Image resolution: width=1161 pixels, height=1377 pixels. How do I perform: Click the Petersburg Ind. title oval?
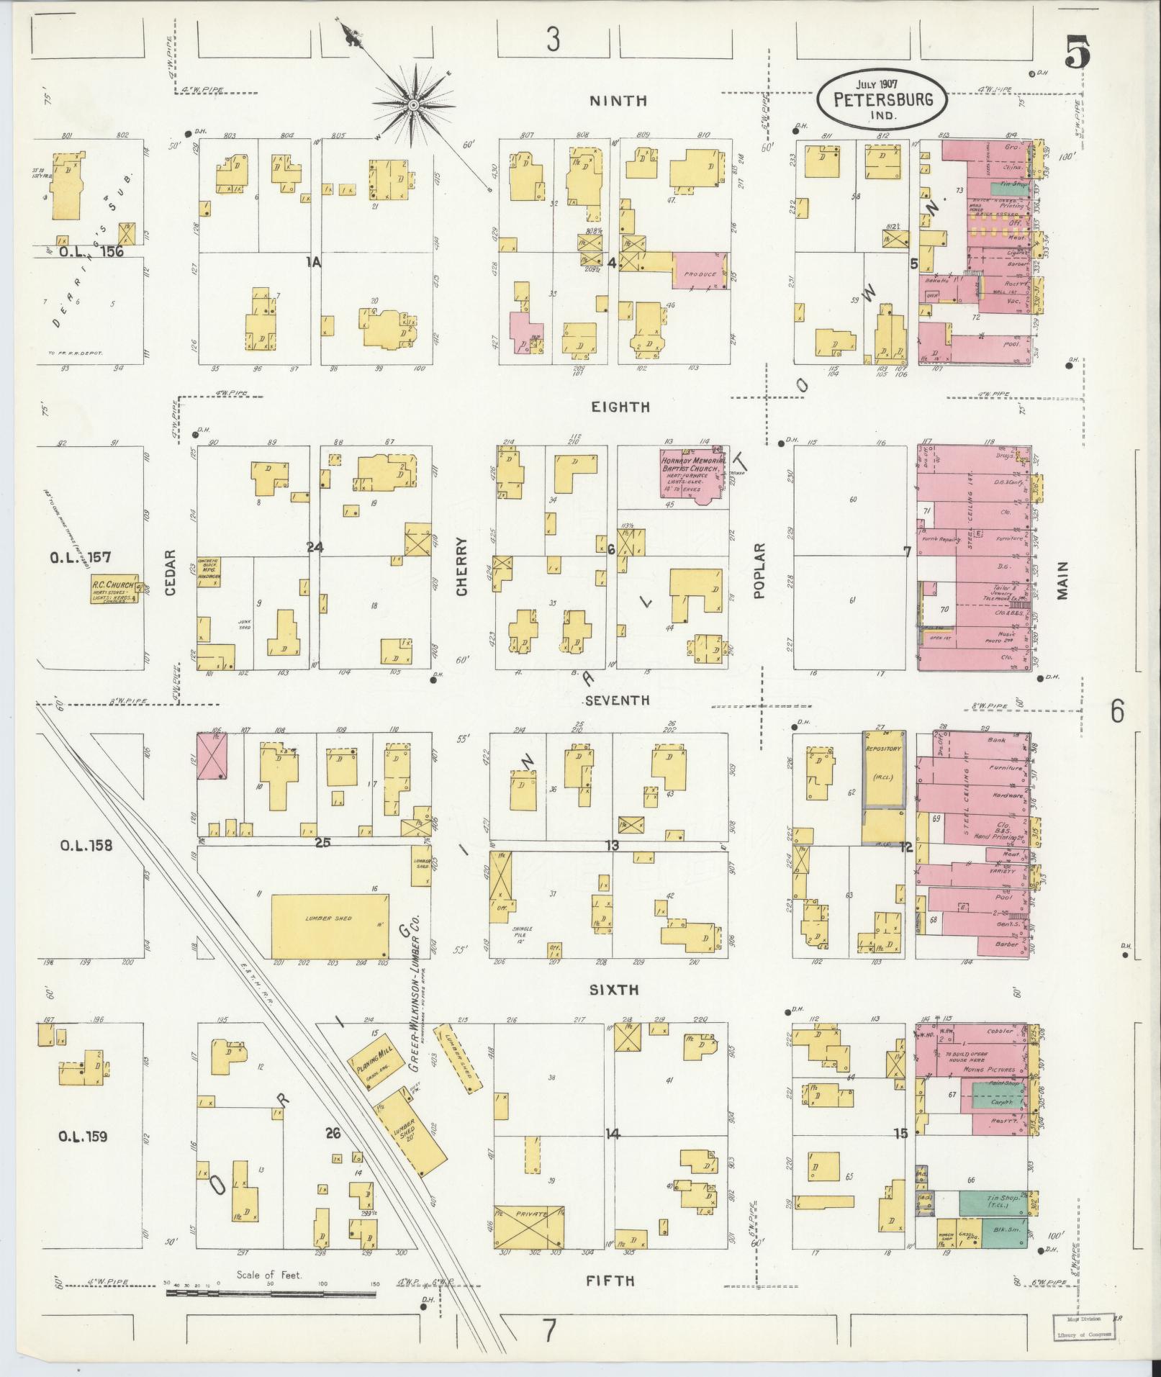(882, 99)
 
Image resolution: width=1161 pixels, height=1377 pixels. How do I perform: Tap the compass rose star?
(414, 107)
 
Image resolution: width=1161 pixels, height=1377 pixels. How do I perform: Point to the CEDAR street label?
(171, 572)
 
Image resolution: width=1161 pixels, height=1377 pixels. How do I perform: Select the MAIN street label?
(1062, 580)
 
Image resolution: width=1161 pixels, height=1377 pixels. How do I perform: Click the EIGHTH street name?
(620, 407)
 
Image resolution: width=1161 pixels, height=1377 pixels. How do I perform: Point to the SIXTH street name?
(613, 990)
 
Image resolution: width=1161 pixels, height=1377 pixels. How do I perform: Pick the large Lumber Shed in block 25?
(330, 926)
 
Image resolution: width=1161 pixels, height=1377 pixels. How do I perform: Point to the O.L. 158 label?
(86, 845)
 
